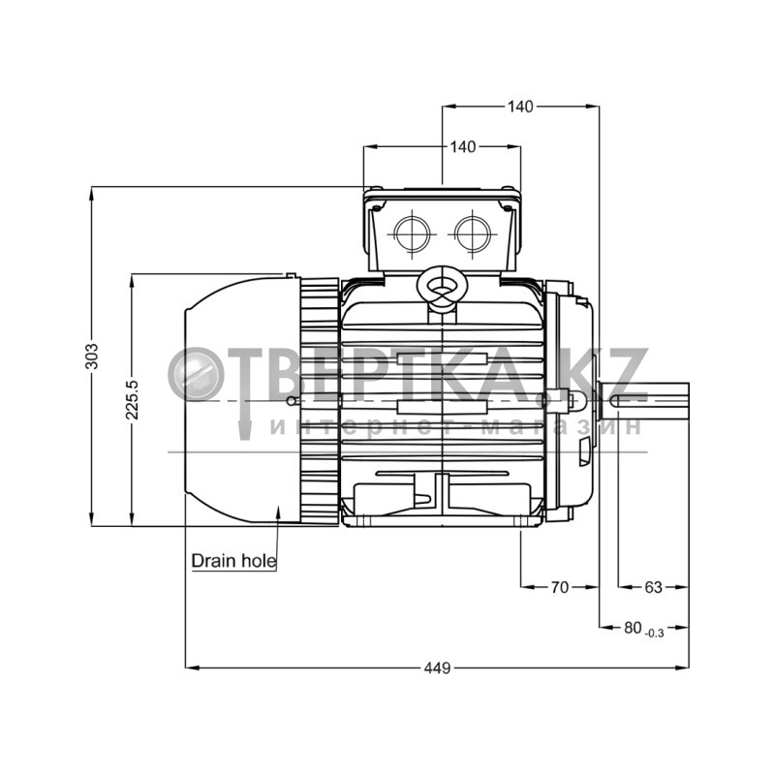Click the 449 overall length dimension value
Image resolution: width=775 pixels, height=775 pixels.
coord(438,668)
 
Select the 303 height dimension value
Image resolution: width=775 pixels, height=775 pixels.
coord(92,356)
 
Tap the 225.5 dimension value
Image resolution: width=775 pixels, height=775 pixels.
coord(132,399)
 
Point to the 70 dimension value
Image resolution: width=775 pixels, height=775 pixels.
coord(560,587)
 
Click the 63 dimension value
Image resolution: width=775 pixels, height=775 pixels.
coord(653,587)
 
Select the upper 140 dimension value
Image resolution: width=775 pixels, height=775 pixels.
coord(520,107)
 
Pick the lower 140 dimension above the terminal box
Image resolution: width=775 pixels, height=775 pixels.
coord(463,147)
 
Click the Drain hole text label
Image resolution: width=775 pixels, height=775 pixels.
coord(233,561)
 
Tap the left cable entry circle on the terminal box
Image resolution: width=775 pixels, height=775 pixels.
coord(413,232)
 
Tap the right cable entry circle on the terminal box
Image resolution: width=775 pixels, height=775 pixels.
coord(473,232)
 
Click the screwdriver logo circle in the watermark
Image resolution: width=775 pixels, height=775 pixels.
coord(197,374)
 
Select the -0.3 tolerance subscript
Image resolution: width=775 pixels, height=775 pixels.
coord(655,634)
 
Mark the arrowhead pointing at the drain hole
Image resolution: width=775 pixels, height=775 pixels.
coord(278,512)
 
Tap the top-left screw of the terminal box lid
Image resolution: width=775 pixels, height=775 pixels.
coord(376,188)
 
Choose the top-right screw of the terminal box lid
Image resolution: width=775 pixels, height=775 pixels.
coord(508,188)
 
